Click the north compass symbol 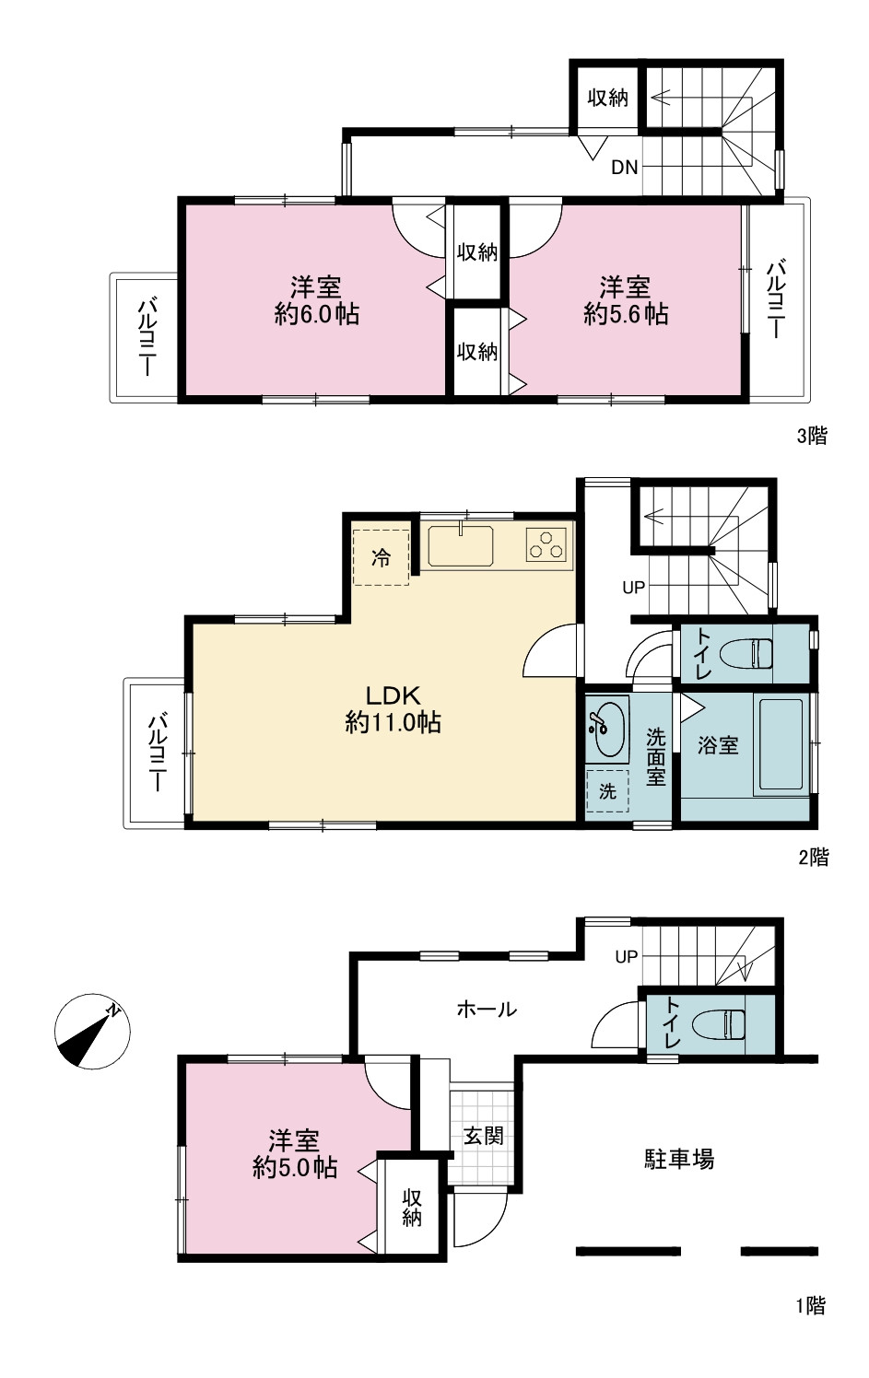click(x=92, y=1031)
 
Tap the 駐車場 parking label click(x=679, y=1159)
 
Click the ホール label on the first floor click(x=487, y=1009)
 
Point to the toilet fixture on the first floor click(x=719, y=1024)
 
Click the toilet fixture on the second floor click(x=746, y=653)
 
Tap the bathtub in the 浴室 click(x=781, y=743)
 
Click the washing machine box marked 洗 click(x=607, y=791)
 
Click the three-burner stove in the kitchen click(x=546, y=544)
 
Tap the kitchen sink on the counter click(x=461, y=545)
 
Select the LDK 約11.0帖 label click(x=393, y=709)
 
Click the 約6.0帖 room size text click(x=316, y=314)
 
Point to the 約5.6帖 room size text click(x=626, y=314)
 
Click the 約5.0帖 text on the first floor click(x=295, y=1167)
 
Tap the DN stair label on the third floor click(x=625, y=168)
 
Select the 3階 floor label click(x=813, y=437)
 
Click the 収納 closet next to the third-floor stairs click(x=608, y=98)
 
